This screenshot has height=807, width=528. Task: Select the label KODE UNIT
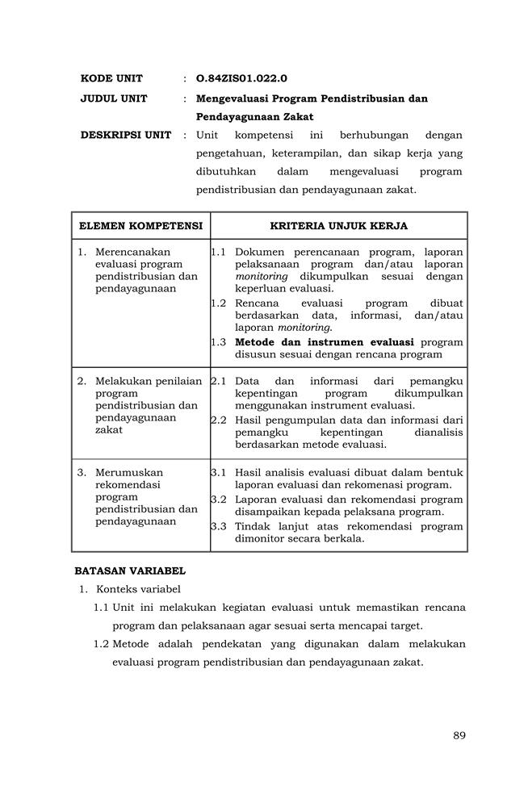pyautogui.click(x=111, y=78)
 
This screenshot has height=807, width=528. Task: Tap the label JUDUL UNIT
pyautogui.click(x=114, y=98)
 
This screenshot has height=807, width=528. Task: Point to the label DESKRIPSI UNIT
pyautogui.click(x=126, y=135)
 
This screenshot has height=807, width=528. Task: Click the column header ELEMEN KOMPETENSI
pyautogui.click(x=140, y=226)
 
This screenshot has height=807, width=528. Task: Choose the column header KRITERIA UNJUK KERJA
pyautogui.click(x=338, y=226)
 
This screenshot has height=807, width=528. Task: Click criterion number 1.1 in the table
pyautogui.click(x=218, y=252)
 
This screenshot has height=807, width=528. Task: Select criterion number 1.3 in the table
pyautogui.click(x=218, y=342)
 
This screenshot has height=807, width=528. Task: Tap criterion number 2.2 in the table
pyautogui.click(x=218, y=420)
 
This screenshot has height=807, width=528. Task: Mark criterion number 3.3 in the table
pyautogui.click(x=218, y=526)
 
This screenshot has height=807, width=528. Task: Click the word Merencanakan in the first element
pyautogui.click(x=132, y=252)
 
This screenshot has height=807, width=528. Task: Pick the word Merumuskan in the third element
pyautogui.click(x=129, y=473)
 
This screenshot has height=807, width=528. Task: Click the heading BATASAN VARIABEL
pyautogui.click(x=130, y=571)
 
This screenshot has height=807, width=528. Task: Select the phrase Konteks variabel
pyautogui.click(x=138, y=588)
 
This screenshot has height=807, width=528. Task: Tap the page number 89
pyautogui.click(x=459, y=735)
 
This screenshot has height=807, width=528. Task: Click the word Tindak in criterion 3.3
pyautogui.click(x=252, y=526)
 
